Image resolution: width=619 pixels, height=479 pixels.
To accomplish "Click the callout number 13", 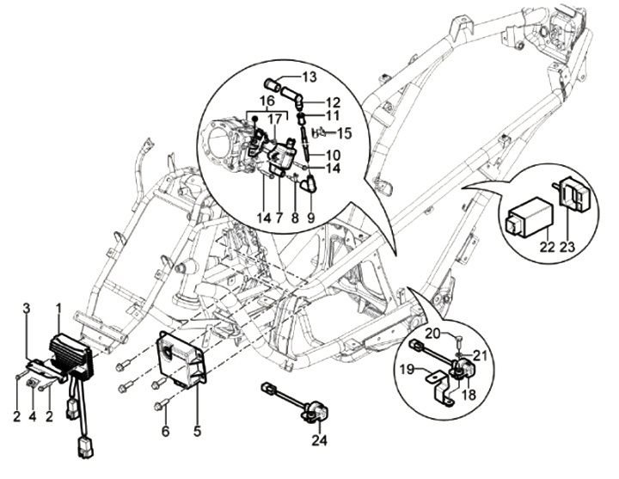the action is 309,77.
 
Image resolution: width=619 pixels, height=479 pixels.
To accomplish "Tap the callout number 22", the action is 547,247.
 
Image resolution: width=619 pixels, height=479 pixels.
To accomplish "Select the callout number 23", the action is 567,247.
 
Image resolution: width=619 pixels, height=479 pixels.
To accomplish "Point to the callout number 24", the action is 319,440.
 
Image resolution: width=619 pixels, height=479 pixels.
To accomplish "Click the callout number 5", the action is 198,431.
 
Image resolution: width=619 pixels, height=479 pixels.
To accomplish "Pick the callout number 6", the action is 166,431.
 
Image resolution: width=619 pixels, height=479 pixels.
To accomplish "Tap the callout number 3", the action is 27,308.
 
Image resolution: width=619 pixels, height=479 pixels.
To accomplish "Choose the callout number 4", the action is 33,416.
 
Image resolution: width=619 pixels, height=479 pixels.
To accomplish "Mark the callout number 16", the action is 267,101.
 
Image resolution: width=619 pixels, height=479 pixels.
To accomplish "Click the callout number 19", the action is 407,370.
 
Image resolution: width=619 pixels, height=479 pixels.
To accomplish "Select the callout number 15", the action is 344,133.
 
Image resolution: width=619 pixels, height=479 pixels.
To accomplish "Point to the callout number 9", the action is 310,218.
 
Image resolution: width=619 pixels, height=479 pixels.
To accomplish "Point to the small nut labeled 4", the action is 32,383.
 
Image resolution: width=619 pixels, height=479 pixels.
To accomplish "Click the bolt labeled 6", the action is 162,405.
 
